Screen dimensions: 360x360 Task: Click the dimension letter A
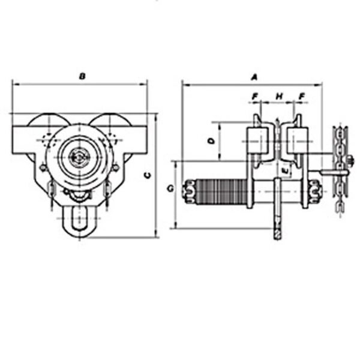tap(254, 77)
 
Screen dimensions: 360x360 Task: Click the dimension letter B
tap(82, 76)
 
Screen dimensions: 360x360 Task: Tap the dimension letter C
tap(148, 175)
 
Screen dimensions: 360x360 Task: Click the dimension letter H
tap(279, 96)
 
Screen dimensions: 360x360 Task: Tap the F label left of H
tap(254, 96)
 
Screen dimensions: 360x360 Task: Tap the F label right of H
tap(301, 96)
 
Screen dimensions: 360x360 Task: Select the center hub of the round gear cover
tap(77, 158)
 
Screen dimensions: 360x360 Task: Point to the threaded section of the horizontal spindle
tap(222, 193)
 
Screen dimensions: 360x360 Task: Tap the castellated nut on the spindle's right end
tap(315, 193)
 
